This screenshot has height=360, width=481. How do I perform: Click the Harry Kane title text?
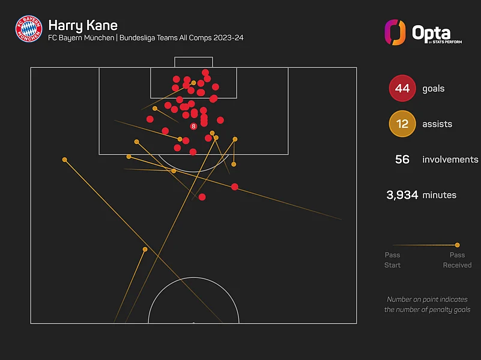tap(82, 25)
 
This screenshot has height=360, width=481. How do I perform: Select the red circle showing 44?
tap(402, 88)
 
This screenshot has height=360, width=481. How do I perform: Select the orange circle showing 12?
tap(402, 124)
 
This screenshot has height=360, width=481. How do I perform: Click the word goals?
tap(433, 88)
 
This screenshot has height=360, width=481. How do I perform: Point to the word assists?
tap(437, 124)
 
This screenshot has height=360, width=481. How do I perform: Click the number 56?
tap(402, 160)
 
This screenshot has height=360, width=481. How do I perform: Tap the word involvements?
tap(450, 160)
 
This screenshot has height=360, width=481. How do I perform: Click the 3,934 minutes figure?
tap(402, 195)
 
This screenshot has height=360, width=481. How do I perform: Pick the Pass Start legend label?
tap(393, 260)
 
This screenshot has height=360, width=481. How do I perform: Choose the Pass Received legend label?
tap(457, 260)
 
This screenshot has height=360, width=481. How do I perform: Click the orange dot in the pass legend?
tap(458, 245)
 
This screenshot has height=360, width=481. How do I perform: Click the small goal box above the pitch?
tap(193, 62)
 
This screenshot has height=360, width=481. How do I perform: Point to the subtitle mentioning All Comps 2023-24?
tap(145, 38)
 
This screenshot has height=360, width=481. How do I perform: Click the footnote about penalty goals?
tap(427, 305)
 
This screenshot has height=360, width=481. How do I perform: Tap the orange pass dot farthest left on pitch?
tap(64, 160)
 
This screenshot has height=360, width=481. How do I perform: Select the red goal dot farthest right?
tap(235, 187)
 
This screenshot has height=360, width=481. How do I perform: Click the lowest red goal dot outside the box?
tap(202, 197)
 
